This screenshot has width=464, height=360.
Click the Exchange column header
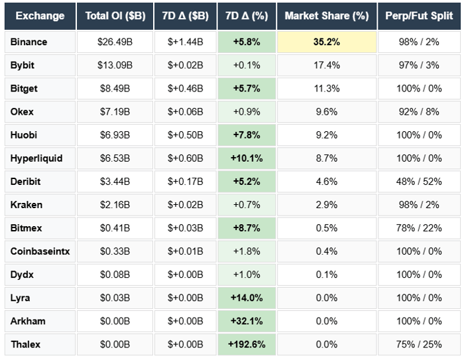[40, 16]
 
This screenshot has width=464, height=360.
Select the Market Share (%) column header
[327, 16]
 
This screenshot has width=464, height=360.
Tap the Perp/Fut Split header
[419, 16]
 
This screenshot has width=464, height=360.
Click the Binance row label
[29, 42]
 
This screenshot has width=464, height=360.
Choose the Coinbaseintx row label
[38, 251]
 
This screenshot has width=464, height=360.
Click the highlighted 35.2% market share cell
[327, 42]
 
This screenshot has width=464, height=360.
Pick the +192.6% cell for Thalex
[246, 344]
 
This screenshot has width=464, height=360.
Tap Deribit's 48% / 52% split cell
[419, 182]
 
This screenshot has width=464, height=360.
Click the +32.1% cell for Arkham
[246, 321]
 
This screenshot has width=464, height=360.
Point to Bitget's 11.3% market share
[327, 88]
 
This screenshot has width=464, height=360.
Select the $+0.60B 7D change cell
[185, 158]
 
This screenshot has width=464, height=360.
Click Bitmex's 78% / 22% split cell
[419, 228]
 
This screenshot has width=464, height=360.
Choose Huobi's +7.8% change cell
[246, 135]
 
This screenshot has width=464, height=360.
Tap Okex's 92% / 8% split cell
[419, 111]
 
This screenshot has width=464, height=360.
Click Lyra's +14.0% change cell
[246, 298]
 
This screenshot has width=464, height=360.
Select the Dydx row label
[23, 274]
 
